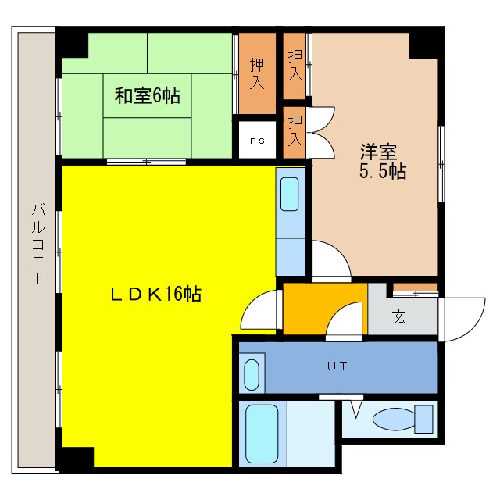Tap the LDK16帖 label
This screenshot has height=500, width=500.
click(155, 295)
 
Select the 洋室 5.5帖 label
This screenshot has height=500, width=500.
click(382, 161)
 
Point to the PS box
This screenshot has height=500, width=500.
click(257, 141)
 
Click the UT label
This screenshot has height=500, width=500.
click(337, 366)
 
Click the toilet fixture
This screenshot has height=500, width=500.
click(402, 417)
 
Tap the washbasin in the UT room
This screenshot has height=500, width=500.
click(252, 374)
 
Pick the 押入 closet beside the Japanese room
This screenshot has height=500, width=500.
click(256, 73)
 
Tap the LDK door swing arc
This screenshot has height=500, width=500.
click(259, 312)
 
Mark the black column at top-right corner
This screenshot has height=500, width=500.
click(425, 43)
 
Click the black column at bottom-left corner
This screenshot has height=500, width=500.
click(75, 459)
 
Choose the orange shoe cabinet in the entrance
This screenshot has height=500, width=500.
click(416, 287)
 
